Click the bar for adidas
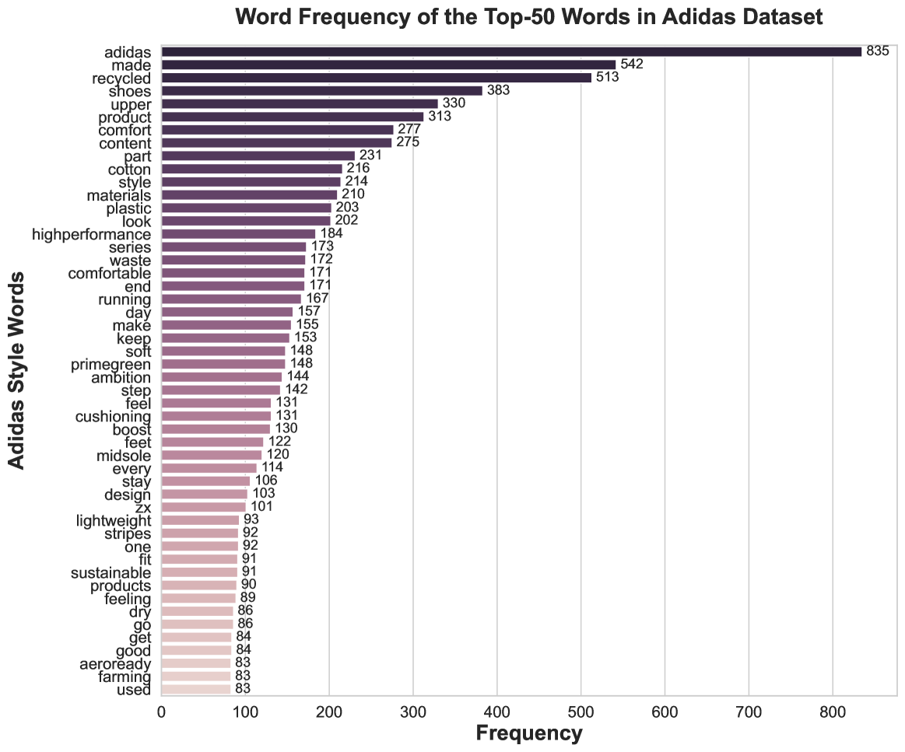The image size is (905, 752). [511, 51]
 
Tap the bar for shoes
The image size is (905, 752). [321, 90]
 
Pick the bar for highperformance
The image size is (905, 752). [238, 233]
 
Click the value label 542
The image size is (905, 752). [632, 65]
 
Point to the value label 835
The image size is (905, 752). [878, 51]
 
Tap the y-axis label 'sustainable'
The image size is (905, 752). [110, 572]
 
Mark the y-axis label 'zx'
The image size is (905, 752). [143, 507]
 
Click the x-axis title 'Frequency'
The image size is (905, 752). [528, 733]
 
